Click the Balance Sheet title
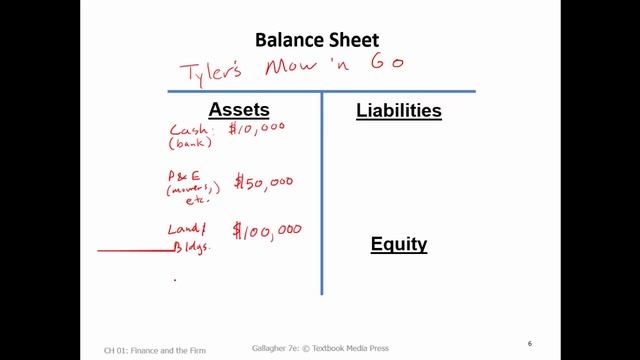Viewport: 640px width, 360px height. point(317,41)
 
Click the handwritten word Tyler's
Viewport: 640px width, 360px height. point(209,72)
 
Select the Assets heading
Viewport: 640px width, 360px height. point(238,110)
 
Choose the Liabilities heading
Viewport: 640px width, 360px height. point(398,111)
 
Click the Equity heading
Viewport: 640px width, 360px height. point(399,244)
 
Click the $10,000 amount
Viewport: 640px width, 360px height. point(259,130)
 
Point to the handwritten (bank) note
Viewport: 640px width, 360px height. point(187,143)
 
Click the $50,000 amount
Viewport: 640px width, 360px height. point(264,181)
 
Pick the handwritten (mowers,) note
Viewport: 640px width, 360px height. point(188,188)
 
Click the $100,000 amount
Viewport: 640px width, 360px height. point(267,231)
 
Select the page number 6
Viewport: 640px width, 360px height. point(530,344)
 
